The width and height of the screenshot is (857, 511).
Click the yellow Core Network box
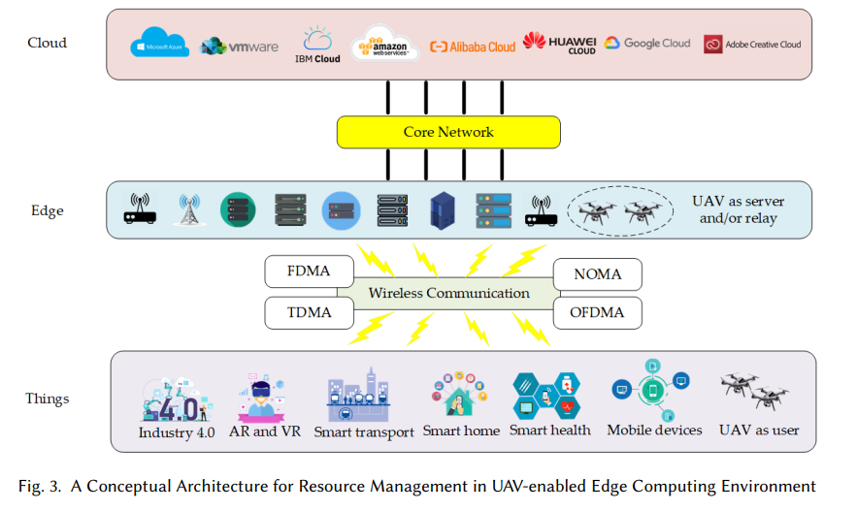pyautogui.click(x=448, y=132)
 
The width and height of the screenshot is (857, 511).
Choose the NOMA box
pyautogui.click(x=597, y=274)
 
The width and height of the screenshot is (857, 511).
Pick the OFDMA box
pyautogui.click(x=597, y=312)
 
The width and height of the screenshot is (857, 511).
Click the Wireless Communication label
pyautogui.click(x=448, y=293)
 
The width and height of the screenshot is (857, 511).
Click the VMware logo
pyautogui.click(x=239, y=47)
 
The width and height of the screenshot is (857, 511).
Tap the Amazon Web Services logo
pyautogui.click(x=385, y=44)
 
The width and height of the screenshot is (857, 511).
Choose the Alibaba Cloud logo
pyautogui.click(x=473, y=47)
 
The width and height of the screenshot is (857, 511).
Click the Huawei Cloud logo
pyautogui.click(x=559, y=43)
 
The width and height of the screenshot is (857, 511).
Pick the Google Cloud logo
pyautogui.click(x=647, y=44)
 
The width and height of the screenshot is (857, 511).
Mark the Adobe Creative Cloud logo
pyautogui.click(x=753, y=44)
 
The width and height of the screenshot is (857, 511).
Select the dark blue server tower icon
pyautogui.click(x=442, y=209)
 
